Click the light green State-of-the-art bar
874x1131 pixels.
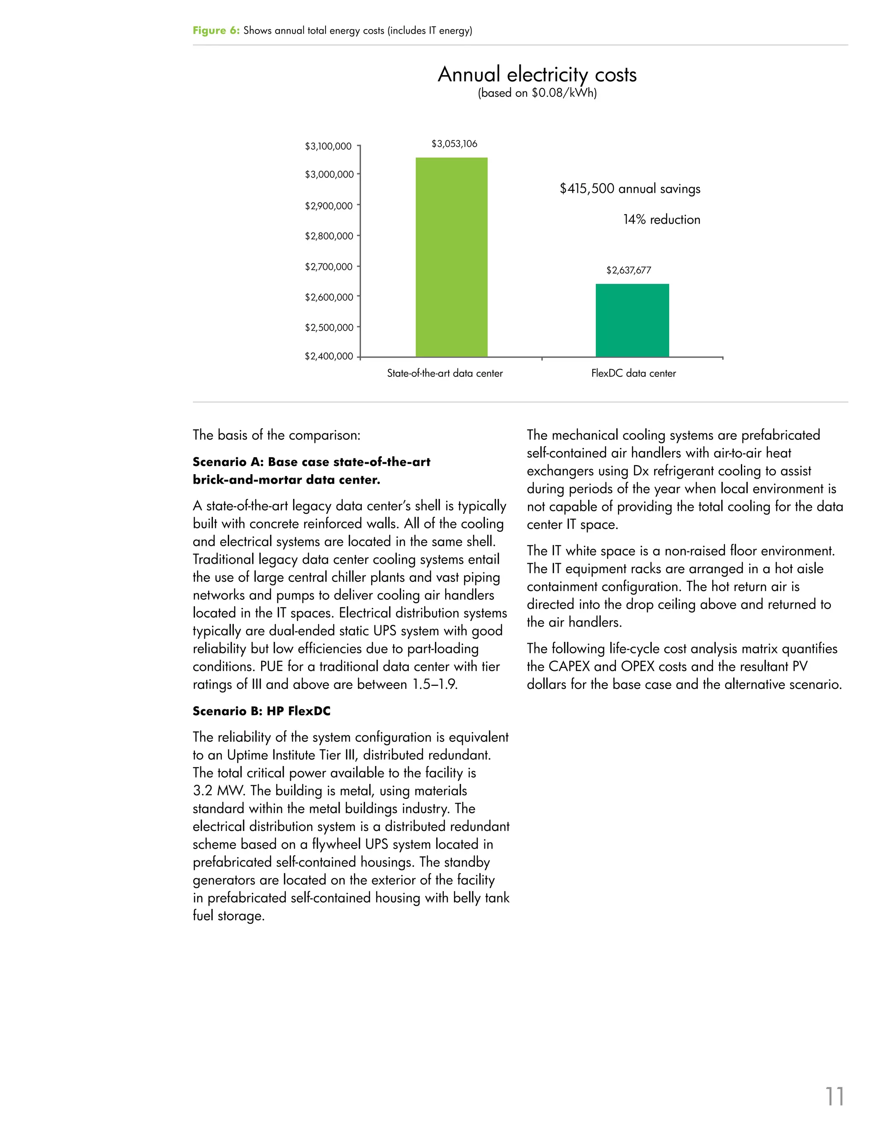(452, 257)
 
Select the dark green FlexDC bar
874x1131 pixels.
(632, 320)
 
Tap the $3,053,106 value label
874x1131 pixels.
(454, 143)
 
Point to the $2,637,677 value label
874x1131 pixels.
(629, 270)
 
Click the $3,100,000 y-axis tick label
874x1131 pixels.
(328, 146)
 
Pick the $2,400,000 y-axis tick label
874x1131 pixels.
(329, 356)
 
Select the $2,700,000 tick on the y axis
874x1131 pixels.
(328, 267)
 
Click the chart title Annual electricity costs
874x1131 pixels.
(537, 74)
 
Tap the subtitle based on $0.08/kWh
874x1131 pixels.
(537, 93)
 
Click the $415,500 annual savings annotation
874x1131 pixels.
(629, 189)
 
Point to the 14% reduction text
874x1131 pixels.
(661, 219)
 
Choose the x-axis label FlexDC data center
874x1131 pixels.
(633, 373)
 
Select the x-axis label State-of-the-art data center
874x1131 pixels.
(445, 373)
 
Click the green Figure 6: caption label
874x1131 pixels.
(216, 31)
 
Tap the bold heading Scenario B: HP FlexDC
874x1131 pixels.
(262, 711)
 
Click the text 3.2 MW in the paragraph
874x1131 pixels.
(214, 791)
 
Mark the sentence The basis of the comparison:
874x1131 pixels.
(277, 435)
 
